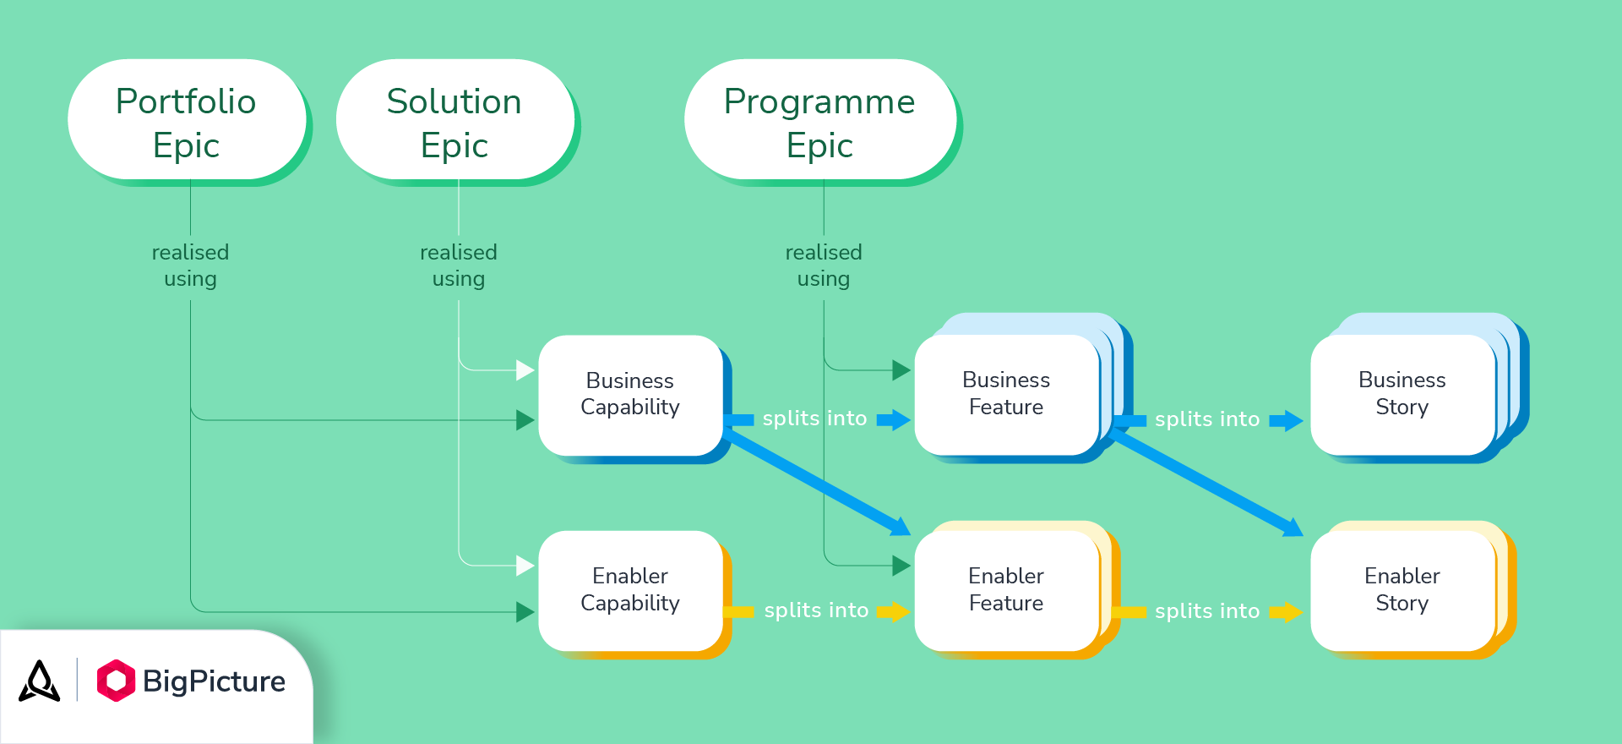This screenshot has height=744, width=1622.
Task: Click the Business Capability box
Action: tap(630, 394)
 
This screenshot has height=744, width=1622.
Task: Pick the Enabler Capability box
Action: tap(630, 589)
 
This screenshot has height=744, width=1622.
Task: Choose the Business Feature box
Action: tap(1006, 394)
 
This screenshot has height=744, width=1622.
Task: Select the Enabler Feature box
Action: tap(1006, 589)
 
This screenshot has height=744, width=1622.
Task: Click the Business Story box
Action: tap(1402, 394)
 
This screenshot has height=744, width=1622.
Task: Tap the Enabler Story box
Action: tap(1402, 589)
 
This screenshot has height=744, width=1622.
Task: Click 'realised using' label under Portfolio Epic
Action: tap(190, 265)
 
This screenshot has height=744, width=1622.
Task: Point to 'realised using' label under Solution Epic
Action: tap(459, 265)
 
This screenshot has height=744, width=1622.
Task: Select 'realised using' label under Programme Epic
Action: tap(824, 265)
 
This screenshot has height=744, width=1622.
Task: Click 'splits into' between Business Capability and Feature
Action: tap(814, 418)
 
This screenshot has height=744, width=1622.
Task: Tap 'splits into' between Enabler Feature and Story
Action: tap(1207, 610)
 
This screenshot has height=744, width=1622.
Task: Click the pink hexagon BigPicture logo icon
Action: tap(116, 681)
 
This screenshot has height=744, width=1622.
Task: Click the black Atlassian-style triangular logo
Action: tap(40, 681)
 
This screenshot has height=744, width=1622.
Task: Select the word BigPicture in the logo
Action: tap(214, 681)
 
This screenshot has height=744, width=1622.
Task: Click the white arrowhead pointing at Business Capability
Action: tap(525, 370)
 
